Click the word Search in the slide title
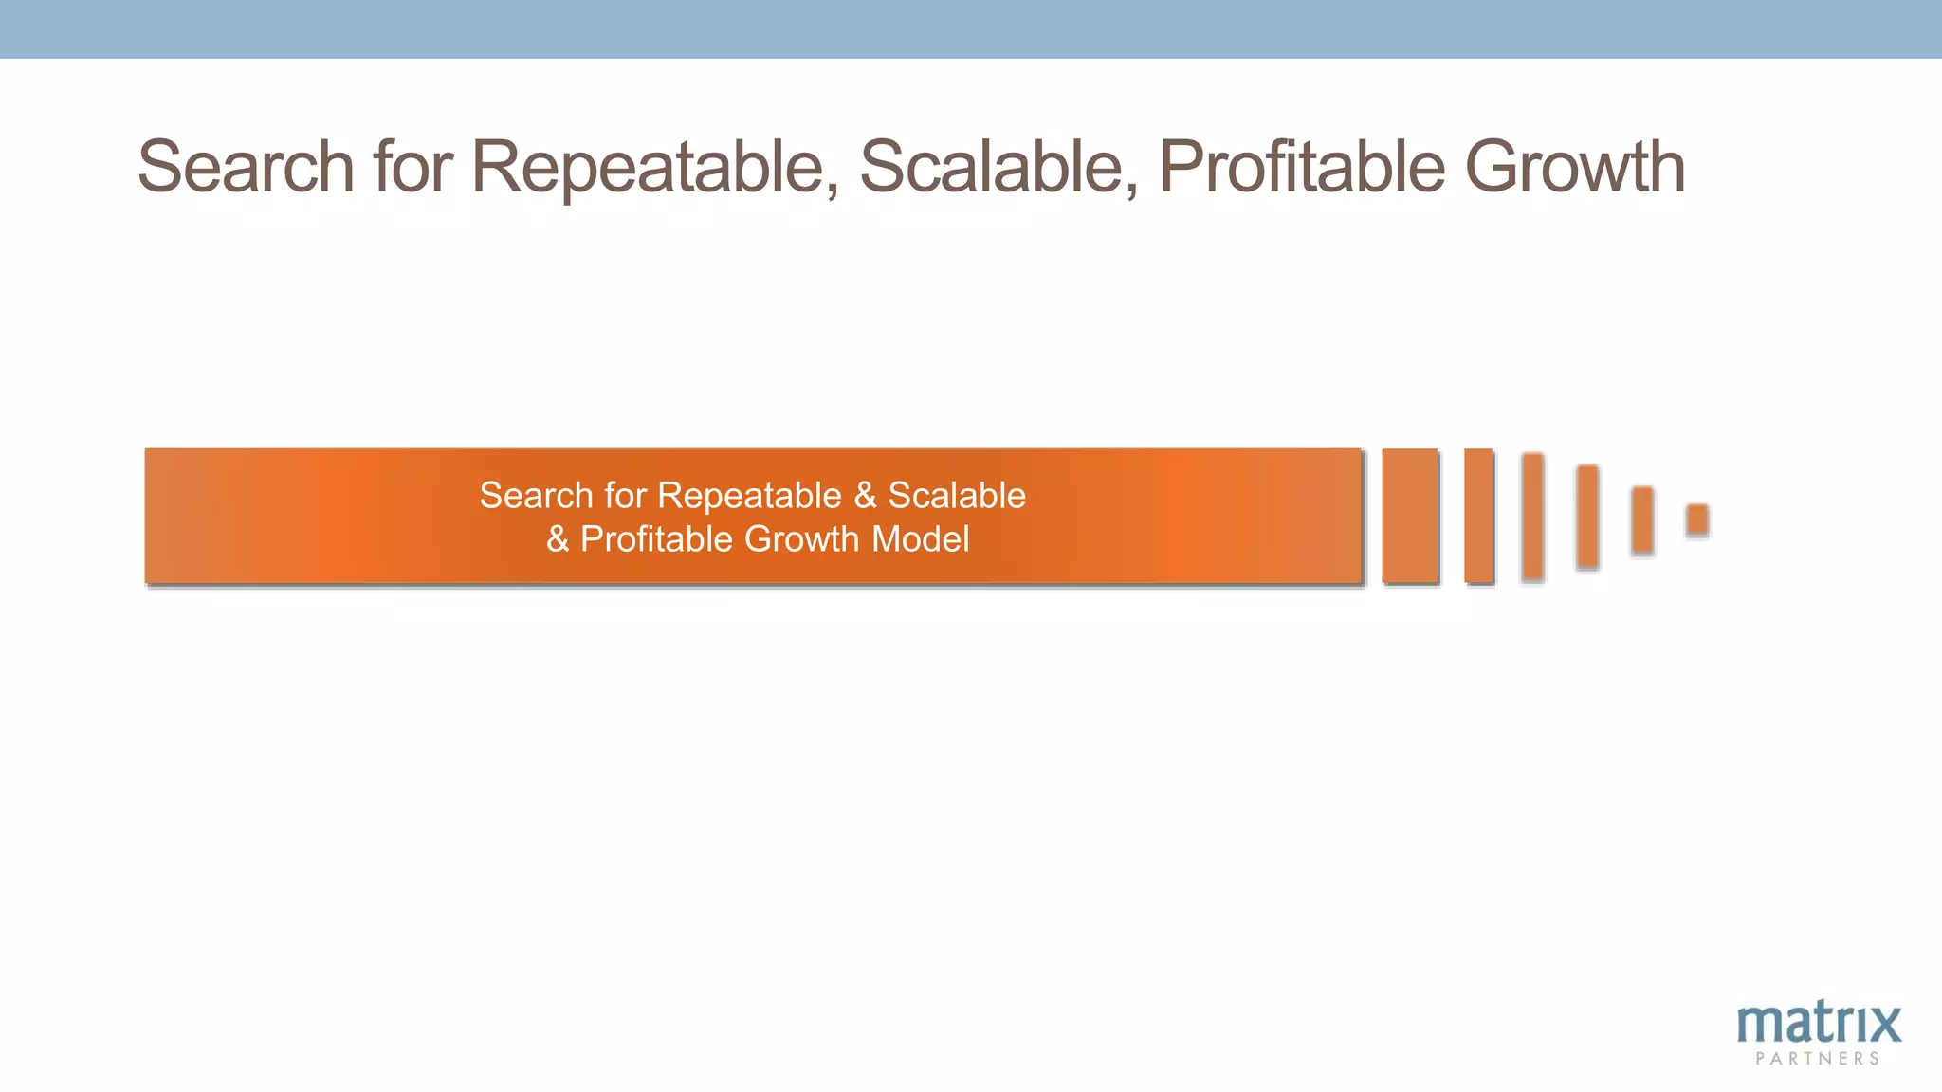[246, 167]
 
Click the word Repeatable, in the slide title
[655, 167]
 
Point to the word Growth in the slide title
[1575, 167]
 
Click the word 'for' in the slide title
[412, 167]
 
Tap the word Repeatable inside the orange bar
[749, 496]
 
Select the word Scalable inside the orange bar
[956, 496]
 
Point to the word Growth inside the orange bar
[801, 539]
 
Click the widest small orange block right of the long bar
[1410, 516]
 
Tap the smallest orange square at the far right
[1697, 519]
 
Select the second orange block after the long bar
[1478, 516]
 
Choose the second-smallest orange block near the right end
[1642, 519]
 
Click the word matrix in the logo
[1819, 1024]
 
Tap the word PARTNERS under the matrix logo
[1818, 1059]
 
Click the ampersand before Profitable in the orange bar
[558, 539]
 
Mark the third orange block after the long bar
[1532, 516]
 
